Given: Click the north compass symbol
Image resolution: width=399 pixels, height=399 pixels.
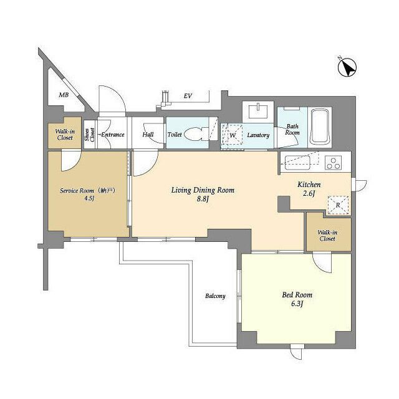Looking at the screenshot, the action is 347,67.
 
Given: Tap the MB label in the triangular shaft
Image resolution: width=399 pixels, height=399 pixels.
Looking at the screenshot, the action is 64,95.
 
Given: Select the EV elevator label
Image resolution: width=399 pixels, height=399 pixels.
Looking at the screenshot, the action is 188,96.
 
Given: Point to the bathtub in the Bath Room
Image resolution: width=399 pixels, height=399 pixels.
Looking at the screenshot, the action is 320,127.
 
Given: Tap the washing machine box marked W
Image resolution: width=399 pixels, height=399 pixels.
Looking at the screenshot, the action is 232,135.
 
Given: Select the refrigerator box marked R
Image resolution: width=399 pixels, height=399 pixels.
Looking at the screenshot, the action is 338,205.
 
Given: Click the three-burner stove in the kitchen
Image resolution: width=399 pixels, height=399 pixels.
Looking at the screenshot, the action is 334,163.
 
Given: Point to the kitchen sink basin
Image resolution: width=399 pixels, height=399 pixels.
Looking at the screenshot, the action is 297,163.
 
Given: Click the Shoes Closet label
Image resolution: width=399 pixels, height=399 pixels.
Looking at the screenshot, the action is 90,135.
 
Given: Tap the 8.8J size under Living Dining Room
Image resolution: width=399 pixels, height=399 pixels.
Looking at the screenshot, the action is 203,199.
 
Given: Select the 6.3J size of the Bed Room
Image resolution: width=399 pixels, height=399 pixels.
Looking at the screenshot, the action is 297,304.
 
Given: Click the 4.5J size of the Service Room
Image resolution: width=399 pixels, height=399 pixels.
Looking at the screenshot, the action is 89,198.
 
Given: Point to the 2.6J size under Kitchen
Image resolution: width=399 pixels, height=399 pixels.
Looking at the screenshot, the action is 309,193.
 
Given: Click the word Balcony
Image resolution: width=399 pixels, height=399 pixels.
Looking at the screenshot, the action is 215,296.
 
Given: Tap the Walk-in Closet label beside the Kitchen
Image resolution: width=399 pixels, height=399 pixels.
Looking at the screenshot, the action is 327,236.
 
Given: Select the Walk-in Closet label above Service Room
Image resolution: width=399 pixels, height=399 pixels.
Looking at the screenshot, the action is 65,135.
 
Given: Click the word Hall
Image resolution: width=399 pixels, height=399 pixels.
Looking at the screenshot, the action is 148,135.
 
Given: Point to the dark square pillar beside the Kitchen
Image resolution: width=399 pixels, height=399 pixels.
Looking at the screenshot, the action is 284,204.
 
